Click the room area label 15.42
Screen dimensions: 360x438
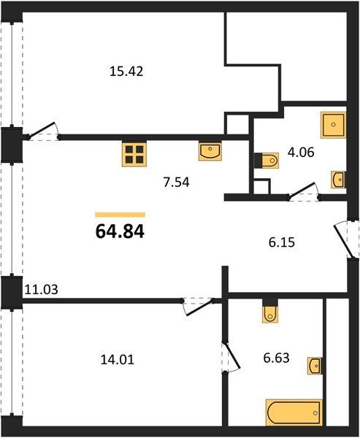[126, 72]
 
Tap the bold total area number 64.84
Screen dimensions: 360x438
[120, 232]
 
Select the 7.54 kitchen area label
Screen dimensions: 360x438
[177, 182]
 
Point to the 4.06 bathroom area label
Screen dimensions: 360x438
[301, 153]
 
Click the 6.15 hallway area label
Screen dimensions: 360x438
[282, 242]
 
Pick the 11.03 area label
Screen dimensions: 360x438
[42, 290]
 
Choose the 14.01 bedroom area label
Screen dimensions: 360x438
[118, 359]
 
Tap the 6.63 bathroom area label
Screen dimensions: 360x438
[276, 358]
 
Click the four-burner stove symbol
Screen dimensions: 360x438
[134, 154]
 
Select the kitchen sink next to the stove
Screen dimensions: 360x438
[210, 151]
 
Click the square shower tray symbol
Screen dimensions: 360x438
[333, 125]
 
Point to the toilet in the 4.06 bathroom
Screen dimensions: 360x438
[267, 161]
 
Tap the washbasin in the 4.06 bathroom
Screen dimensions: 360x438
[338, 180]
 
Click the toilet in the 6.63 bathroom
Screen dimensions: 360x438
[270, 310]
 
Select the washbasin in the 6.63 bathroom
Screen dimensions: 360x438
[315, 366]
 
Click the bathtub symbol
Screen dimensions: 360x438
[294, 412]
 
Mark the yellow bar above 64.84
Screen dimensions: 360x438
[120, 215]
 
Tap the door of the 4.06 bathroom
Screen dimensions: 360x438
[304, 192]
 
